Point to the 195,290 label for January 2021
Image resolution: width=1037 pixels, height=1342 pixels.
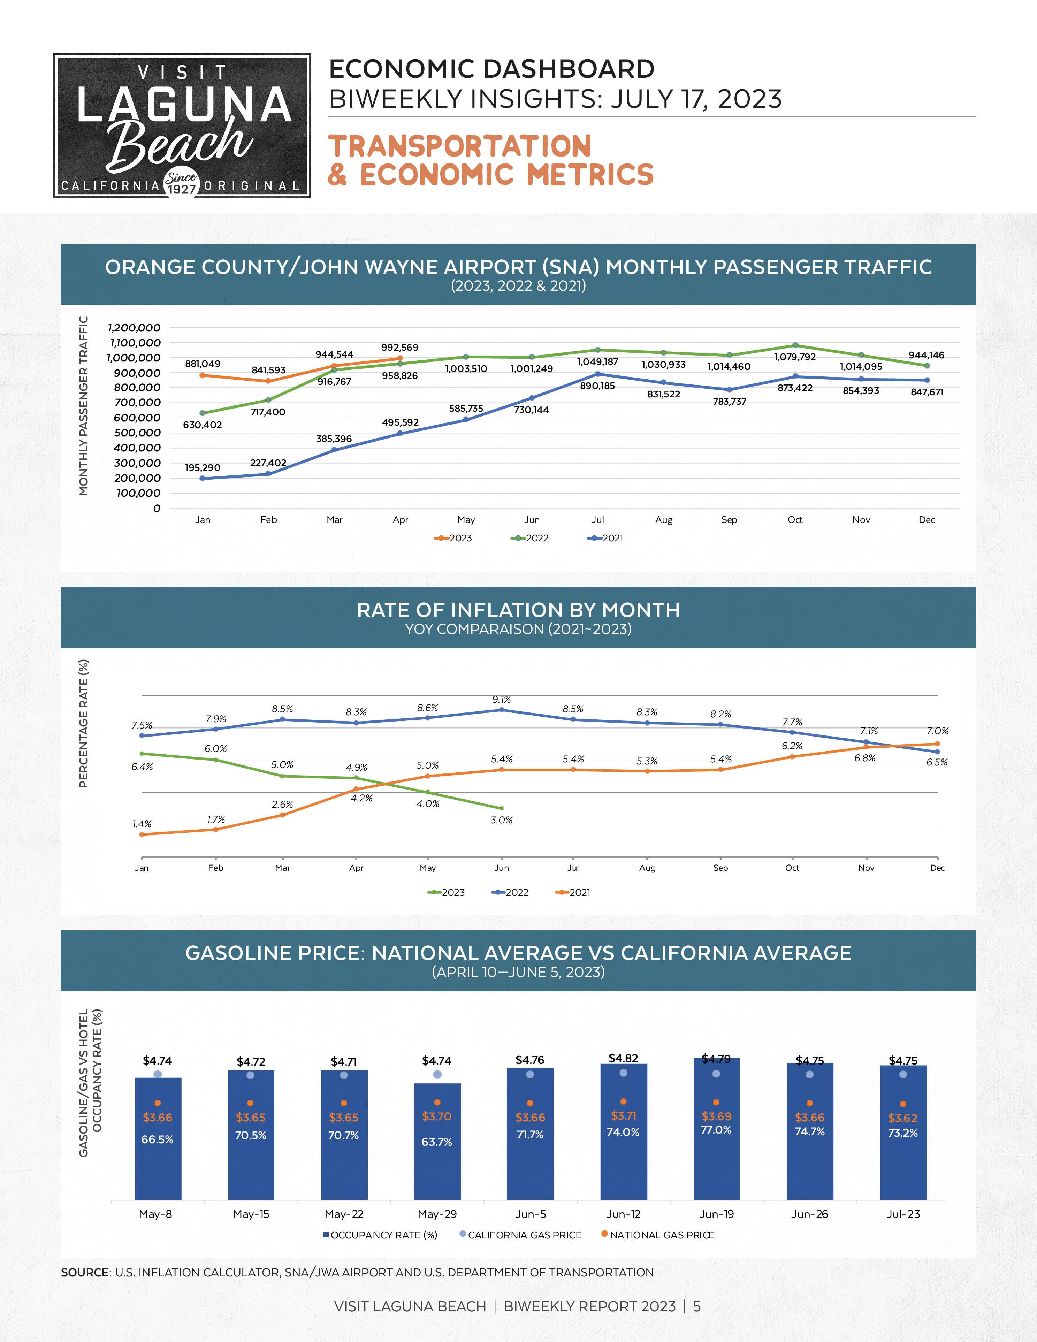point(203,468)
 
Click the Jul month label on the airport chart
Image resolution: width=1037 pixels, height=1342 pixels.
point(598,520)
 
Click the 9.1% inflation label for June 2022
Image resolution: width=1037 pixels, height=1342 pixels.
point(501,699)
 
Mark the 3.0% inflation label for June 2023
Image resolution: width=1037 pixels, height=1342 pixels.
point(501,820)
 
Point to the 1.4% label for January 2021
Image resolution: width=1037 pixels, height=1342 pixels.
point(142,824)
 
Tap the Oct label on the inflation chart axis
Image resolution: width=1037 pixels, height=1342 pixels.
point(792,868)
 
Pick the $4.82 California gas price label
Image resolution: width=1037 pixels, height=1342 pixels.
point(623,1058)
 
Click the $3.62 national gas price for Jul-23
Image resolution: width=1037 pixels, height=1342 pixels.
point(902,1118)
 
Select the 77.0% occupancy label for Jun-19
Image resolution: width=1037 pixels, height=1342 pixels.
point(716,1129)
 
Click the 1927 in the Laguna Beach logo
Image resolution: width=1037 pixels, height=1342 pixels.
point(182,189)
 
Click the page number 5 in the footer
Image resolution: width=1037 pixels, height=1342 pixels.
point(697,1306)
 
